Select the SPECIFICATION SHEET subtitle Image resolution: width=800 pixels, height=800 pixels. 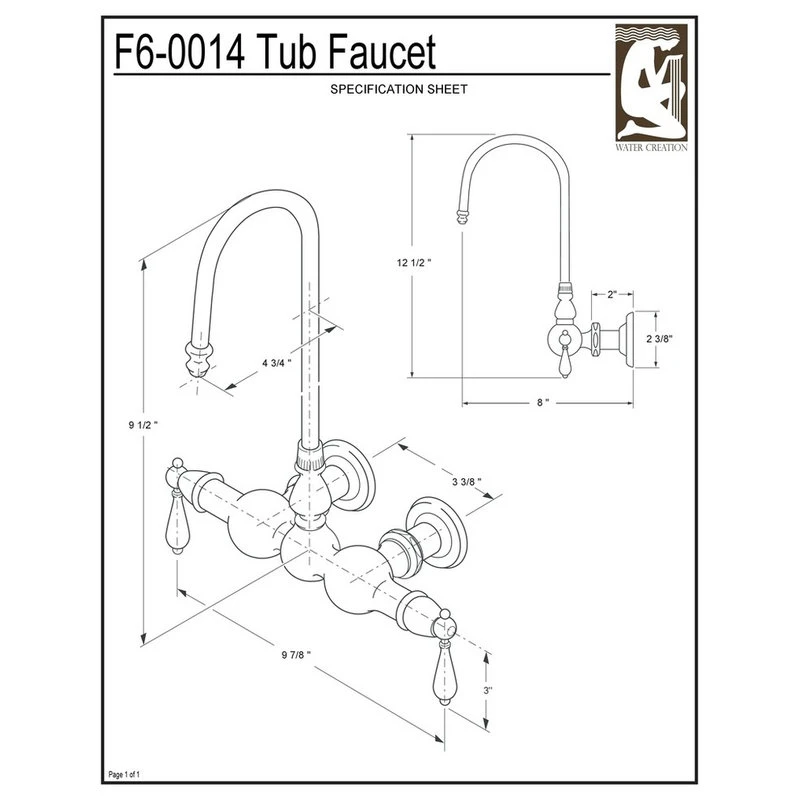[x=399, y=89]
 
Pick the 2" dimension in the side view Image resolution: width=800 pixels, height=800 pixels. [x=611, y=295]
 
